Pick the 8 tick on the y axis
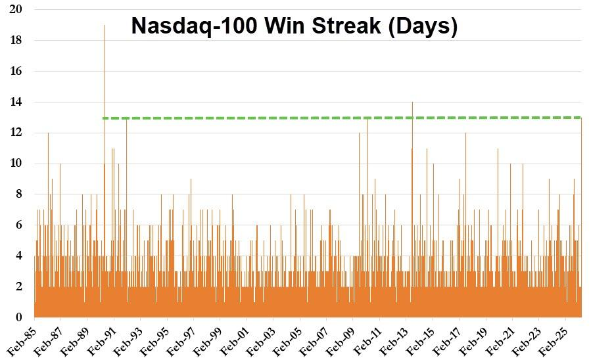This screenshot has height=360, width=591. (20, 194)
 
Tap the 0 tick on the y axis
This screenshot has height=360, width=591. (20, 317)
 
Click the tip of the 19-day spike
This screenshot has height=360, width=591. (105, 26)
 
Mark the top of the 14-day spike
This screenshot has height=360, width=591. (412, 102)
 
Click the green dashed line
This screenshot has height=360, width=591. (329, 118)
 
